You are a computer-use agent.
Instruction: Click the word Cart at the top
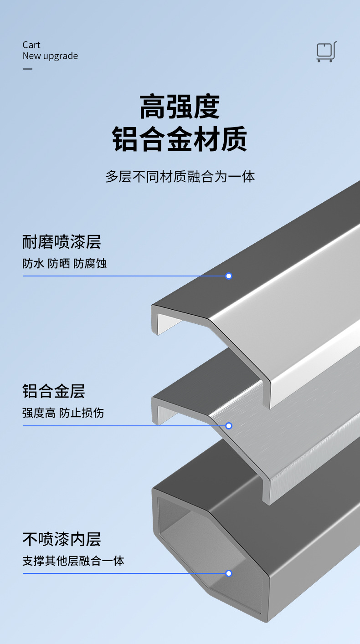click(x=31, y=45)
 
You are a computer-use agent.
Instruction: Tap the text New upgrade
click(x=50, y=56)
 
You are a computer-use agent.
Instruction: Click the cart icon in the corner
click(x=326, y=51)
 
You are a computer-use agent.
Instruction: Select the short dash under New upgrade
click(x=28, y=69)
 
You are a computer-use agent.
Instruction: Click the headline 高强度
click(x=180, y=107)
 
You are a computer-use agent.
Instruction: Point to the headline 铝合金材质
click(x=180, y=139)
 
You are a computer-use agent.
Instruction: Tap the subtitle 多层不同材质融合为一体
click(x=180, y=176)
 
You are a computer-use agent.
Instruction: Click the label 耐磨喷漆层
click(x=62, y=242)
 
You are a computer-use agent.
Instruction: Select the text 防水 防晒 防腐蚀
click(x=64, y=263)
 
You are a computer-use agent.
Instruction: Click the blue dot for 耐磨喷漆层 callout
click(x=229, y=276)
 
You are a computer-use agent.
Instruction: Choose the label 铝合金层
click(x=54, y=391)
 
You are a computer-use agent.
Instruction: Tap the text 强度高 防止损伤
click(x=63, y=413)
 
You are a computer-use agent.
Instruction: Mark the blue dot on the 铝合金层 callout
click(x=229, y=426)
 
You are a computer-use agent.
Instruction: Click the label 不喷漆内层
click(x=62, y=539)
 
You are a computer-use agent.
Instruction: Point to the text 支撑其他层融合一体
click(x=73, y=561)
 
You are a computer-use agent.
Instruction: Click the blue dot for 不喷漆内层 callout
click(x=229, y=573)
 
